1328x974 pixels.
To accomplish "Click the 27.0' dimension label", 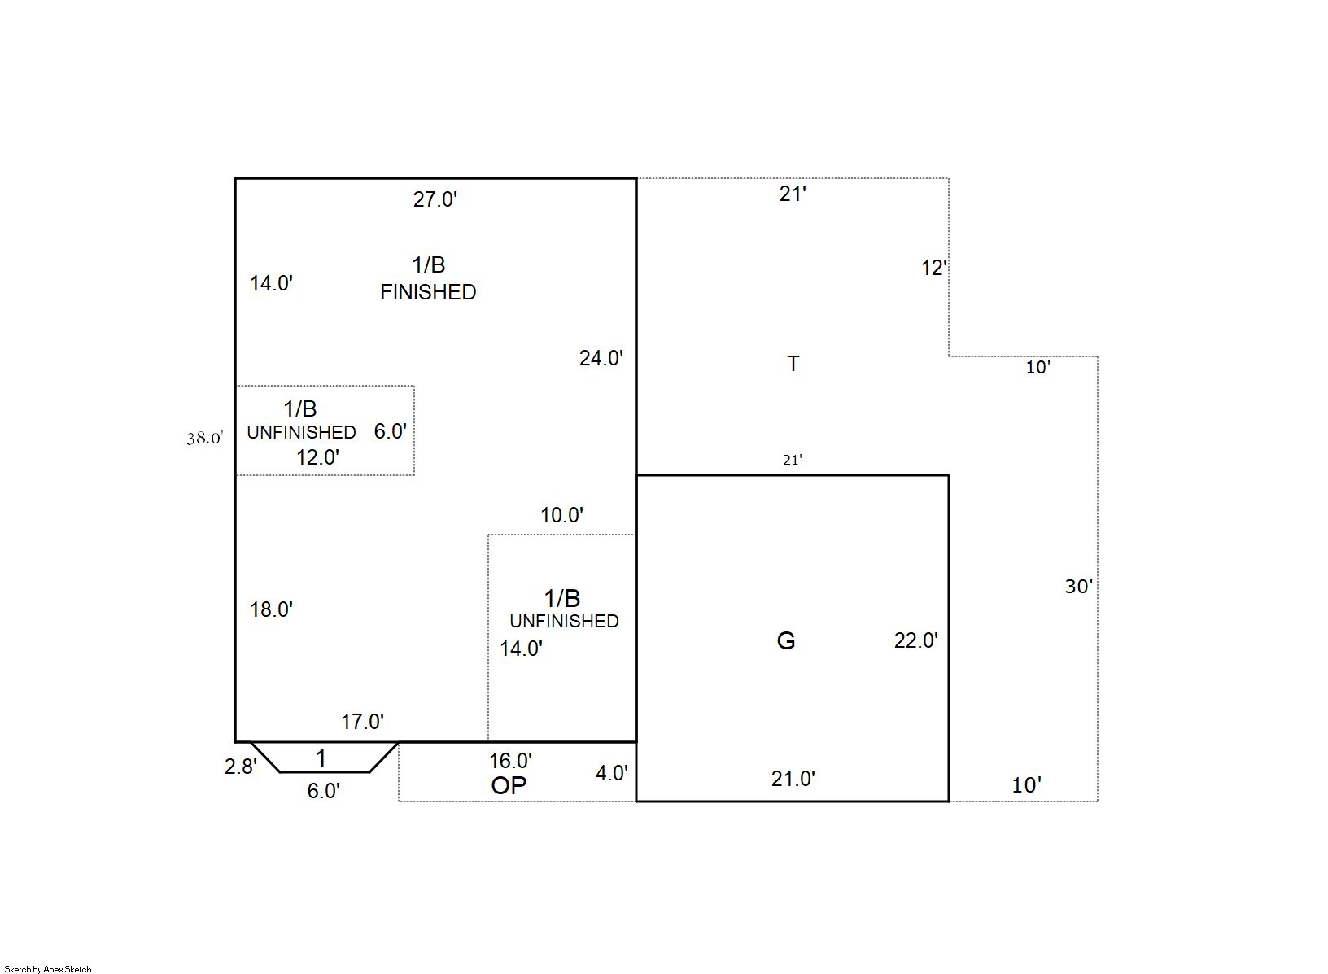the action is (x=435, y=200).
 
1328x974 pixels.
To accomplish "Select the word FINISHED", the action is (x=428, y=292).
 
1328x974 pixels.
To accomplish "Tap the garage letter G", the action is (x=785, y=641).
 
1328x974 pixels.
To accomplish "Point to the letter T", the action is (x=793, y=364).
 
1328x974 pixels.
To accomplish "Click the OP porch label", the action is (x=509, y=785).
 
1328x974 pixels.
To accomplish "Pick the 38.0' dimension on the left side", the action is (x=205, y=438).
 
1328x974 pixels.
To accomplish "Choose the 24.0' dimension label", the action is (x=601, y=359).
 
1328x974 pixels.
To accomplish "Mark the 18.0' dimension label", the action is (x=272, y=609).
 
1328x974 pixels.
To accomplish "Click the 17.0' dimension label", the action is (x=362, y=722).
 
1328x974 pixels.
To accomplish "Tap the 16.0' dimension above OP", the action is (x=510, y=761).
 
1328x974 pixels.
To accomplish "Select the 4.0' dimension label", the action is (x=612, y=773).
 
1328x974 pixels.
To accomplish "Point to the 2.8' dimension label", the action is (x=241, y=767).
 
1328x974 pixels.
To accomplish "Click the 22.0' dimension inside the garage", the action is (x=916, y=641).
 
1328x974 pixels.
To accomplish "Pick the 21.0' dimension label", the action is (x=793, y=779).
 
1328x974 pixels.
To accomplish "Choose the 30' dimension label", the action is (x=1079, y=587).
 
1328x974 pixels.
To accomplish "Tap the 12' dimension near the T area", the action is (x=934, y=269).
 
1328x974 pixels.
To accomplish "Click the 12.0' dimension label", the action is (x=318, y=457).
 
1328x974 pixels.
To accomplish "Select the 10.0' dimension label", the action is (x=562, y=515).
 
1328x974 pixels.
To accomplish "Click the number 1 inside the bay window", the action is (x=321, y=758).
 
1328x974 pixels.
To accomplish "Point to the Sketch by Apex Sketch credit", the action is (x=48, y=969).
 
